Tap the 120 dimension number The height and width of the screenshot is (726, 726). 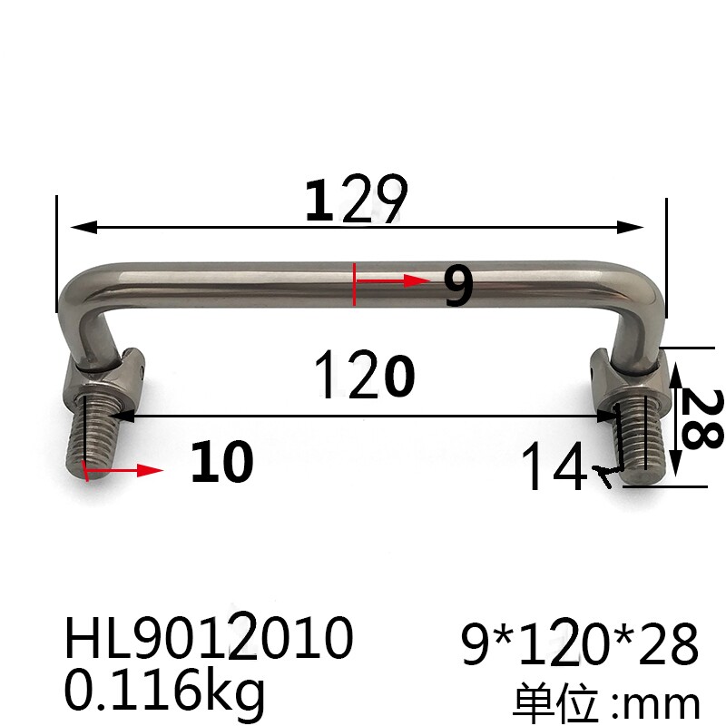pos(364,377)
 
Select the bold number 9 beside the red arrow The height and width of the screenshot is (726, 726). pos(458,287)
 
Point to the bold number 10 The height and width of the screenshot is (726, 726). pos(221,464)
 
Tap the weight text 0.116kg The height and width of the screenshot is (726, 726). pos(164,689)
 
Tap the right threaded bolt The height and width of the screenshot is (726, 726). pos(644,440)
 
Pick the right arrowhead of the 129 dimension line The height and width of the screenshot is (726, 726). pos(635,227)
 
